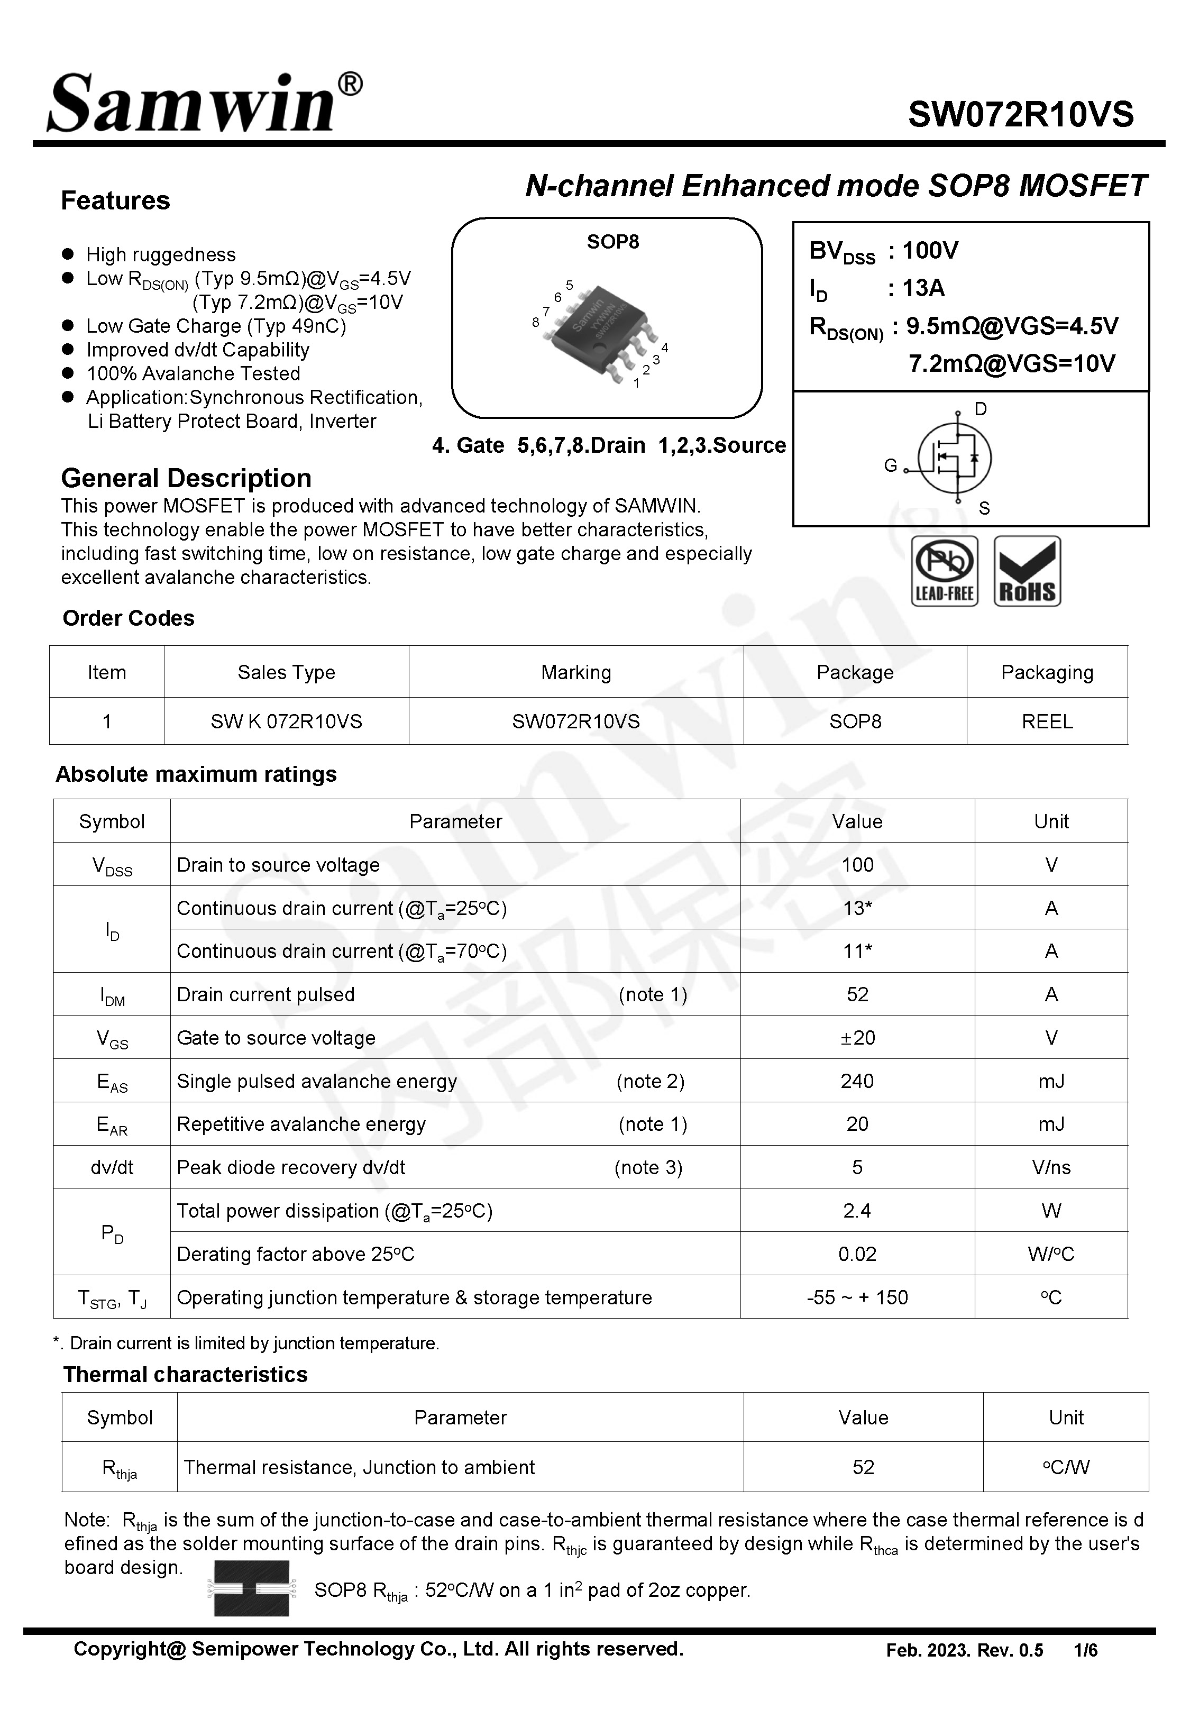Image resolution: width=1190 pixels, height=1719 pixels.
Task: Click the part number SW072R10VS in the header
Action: pos(1020,115)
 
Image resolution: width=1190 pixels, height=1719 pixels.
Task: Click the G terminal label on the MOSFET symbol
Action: pos(890,466)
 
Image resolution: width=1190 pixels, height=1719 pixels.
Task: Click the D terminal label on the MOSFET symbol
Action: pos(981,408)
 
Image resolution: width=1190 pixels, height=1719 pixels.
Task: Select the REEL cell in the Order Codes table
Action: pos(1046,721)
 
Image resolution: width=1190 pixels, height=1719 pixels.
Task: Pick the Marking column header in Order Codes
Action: pos(575,672)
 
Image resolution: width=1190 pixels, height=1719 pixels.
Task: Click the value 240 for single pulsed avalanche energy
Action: pos(857,1081)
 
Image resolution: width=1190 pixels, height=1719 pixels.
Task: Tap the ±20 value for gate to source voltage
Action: pos(857,1038)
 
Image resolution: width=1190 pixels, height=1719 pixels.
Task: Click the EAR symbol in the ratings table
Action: pos(112,1125)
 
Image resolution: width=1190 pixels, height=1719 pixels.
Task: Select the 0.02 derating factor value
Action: pos(857,1254)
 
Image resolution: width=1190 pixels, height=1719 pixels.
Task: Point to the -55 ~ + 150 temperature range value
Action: pos(857,1298)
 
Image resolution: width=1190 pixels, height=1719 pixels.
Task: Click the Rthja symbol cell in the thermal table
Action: pos(120,1468)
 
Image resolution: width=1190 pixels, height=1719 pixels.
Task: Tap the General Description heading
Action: pos(186,478)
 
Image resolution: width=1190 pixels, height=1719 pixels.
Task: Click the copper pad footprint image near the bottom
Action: pos(251,1588)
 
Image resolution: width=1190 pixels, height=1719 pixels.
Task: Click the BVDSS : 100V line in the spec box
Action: pos(884,251)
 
